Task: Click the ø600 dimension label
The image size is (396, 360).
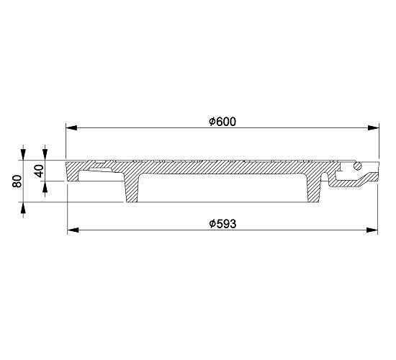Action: coord(222,122)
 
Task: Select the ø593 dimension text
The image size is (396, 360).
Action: coord(222,224)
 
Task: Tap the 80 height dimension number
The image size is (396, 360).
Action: coord(17,181)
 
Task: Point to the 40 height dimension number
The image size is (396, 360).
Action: coord(39,171)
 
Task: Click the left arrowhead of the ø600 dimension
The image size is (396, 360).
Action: coord(71,127)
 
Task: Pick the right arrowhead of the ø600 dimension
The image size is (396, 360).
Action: coord(374,127)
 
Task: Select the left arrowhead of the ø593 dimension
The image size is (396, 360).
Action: coord(73,230)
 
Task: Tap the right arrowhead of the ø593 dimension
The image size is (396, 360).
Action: coord(372,230)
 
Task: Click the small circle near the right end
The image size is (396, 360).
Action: coord(358,166)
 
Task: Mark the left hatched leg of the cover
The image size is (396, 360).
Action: coord(131,188)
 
